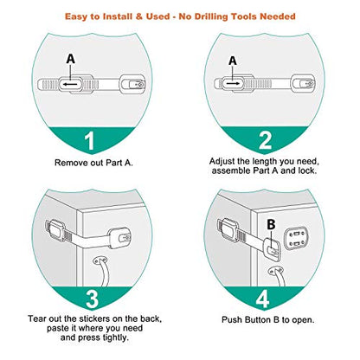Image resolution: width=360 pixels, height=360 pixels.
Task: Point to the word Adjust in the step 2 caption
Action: [227, 162]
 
